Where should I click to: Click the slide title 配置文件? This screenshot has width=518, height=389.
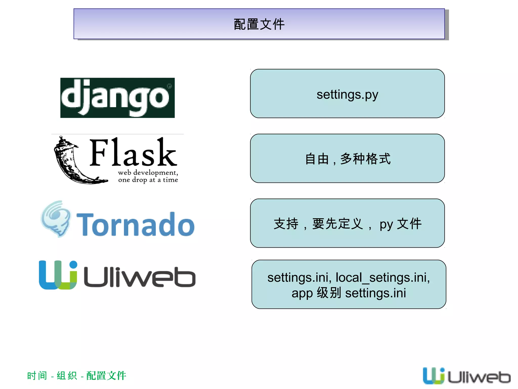[259, 24]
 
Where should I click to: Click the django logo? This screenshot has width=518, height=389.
[117, 98]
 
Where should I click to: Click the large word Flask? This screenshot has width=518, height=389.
[133, 153]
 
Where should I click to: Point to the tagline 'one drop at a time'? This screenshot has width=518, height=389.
[148, 180]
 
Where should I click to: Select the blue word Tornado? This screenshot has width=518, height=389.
[136, 224]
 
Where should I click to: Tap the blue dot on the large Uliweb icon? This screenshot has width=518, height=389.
[73, 265]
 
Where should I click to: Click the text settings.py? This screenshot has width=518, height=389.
[347, 95]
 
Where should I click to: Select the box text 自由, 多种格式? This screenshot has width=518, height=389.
[348, 159]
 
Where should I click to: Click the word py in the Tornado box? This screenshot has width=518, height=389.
[386, 224]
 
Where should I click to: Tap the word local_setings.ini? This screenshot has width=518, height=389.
[382, 278]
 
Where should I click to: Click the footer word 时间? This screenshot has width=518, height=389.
[37, 376]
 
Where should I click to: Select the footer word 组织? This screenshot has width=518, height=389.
[67, 376]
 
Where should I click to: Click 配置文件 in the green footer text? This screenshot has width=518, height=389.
[106, 376]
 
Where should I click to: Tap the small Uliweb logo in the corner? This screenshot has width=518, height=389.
[467, 376]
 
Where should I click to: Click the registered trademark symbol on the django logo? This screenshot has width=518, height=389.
[169, 86]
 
